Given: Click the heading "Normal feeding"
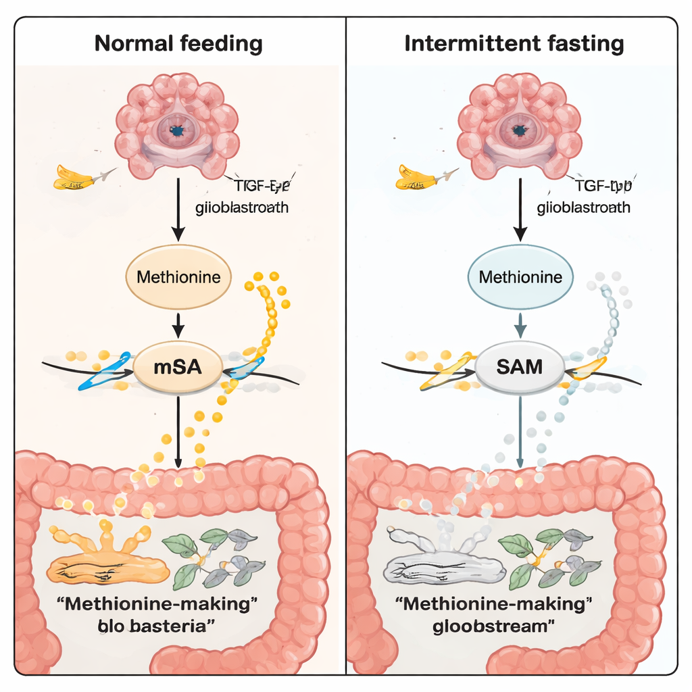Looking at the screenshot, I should [x=178, y=44].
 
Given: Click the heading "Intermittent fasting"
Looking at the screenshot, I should [x=514, y=44].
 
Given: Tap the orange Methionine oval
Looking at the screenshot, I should [x=178, y=276].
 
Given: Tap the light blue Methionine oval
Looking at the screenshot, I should [x=520, y=276].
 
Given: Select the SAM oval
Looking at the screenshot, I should [x=520, y=368].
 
